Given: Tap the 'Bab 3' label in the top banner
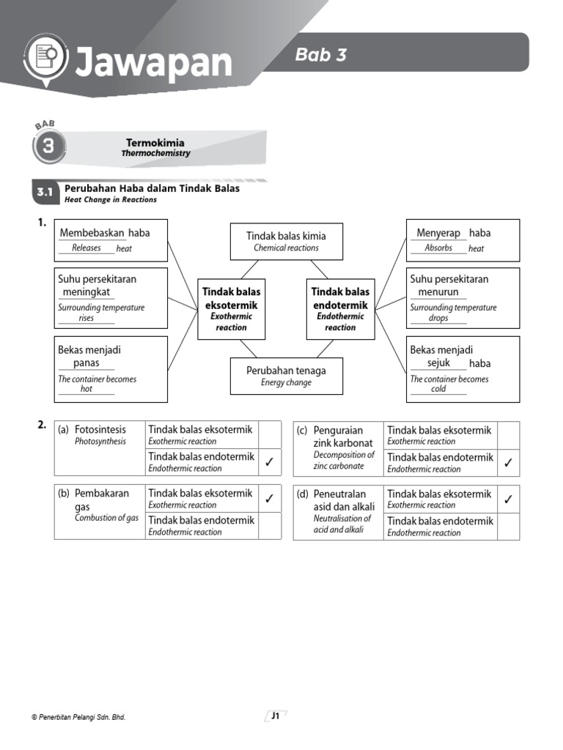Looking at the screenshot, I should point(320,54).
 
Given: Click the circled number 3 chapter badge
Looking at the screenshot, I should point(48,146).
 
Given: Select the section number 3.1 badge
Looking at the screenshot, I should point(45,193).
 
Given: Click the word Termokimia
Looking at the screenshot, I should point(155,143).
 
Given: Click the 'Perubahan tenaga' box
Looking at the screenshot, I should point(286,376).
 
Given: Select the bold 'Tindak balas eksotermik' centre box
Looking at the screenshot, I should point(231,308).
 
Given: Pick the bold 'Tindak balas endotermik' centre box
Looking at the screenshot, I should point(340,308).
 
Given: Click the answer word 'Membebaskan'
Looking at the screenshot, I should point(92,233).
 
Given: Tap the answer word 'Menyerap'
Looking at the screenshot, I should point(438,233).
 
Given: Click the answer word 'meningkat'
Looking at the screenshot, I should point(87,292).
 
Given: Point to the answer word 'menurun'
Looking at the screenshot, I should point(438,292).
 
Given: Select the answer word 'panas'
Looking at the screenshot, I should point(87,363).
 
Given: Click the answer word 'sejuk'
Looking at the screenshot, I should point(438,363).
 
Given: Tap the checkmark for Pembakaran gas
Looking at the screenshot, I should point(269,499).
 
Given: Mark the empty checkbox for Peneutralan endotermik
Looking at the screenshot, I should point(508,527).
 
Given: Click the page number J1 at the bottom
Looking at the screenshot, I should point(276,717).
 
